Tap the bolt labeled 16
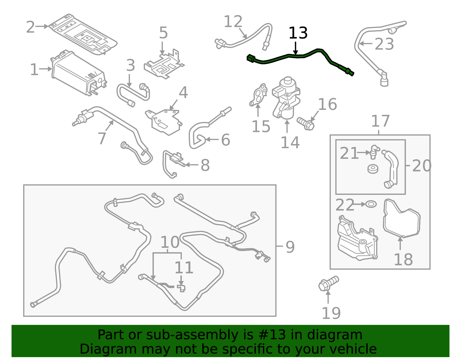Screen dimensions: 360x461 pos(306,124)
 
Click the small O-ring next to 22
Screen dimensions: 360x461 pos(371,204)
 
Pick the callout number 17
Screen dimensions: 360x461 pos(380,121)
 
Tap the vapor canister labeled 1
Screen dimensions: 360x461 pos(78,73)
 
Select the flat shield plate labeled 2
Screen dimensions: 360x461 pos(84,35)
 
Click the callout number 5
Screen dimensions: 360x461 pos(163,33)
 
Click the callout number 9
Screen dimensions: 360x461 pos(290,247)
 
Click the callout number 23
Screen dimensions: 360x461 pos(384,44)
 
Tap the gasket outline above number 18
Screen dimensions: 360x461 pos(402,219)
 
